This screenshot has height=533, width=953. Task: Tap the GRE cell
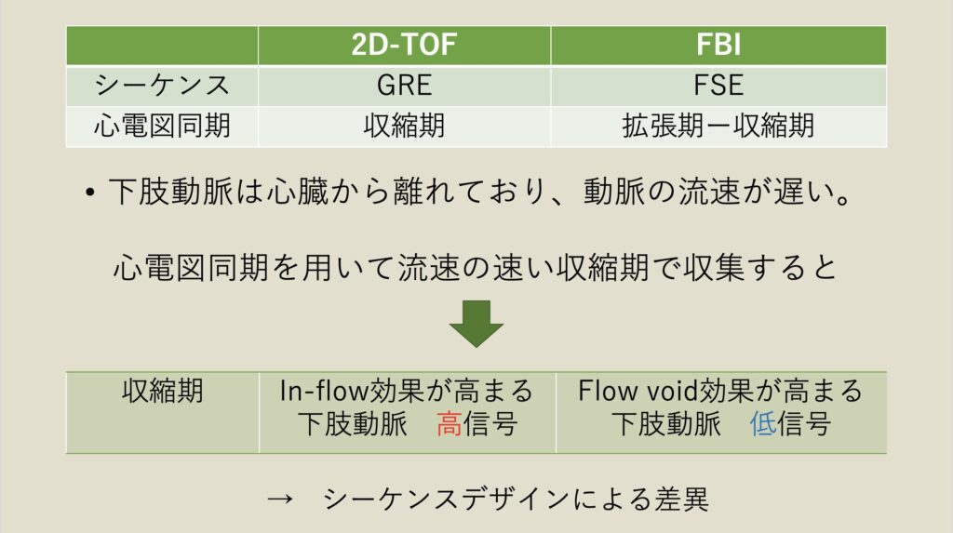[x=404, y=86]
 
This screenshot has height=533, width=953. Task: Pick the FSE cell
[x=718, y=86]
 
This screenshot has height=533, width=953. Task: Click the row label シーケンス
[x=162, y=86]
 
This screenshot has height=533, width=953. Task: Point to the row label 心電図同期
[x=162, y=126]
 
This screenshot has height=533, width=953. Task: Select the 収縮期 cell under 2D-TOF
[x=404, y=126]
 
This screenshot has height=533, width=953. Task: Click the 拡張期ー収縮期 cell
[x=718, y=126]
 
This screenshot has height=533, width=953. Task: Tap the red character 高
[x=450, y=425]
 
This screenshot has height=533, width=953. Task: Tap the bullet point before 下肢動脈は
[x=89, y=193]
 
